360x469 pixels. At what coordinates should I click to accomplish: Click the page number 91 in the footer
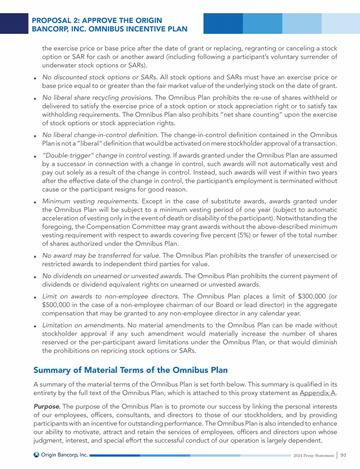point(344,455)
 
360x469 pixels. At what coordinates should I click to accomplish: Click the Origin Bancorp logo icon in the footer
point(36,455)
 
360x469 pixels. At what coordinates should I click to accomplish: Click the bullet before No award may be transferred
point(36,257)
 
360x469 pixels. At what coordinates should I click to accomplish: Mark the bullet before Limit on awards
point(36,297)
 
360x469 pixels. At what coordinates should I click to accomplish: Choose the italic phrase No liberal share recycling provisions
point(97,98)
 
